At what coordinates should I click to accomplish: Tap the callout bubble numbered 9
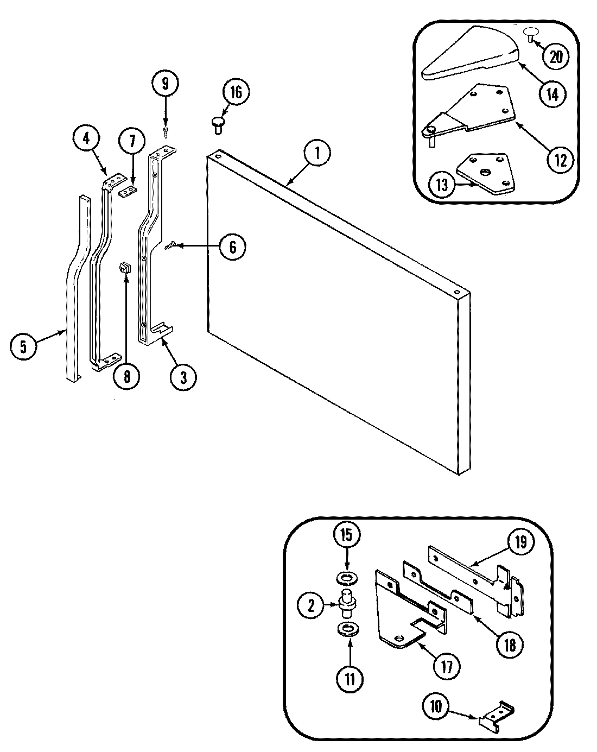coord(165,84)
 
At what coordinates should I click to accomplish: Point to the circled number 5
coord(23,346)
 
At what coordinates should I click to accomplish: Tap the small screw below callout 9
coord(165,130)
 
